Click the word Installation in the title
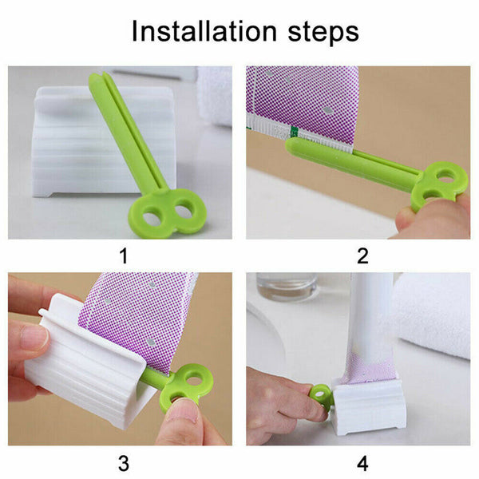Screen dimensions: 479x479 click(x=204, y=31)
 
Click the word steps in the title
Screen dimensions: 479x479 click(x=323, y=34)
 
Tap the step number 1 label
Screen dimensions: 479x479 click(x=124, y=256)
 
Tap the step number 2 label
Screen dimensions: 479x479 click(x=362, y=256)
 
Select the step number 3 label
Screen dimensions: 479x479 click(x=124, y=464)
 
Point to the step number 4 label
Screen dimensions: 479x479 click(x=362, y=464)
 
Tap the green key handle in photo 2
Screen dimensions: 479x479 click(x=440, y=186)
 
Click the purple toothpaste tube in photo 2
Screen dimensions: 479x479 click(x=303, y=104)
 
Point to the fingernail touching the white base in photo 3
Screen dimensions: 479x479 click(x=34, y=338)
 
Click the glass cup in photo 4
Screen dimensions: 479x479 click(x=287, y=287)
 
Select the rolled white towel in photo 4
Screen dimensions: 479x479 click(x=433, y=315)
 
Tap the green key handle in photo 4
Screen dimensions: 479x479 click(x=321, y=397)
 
